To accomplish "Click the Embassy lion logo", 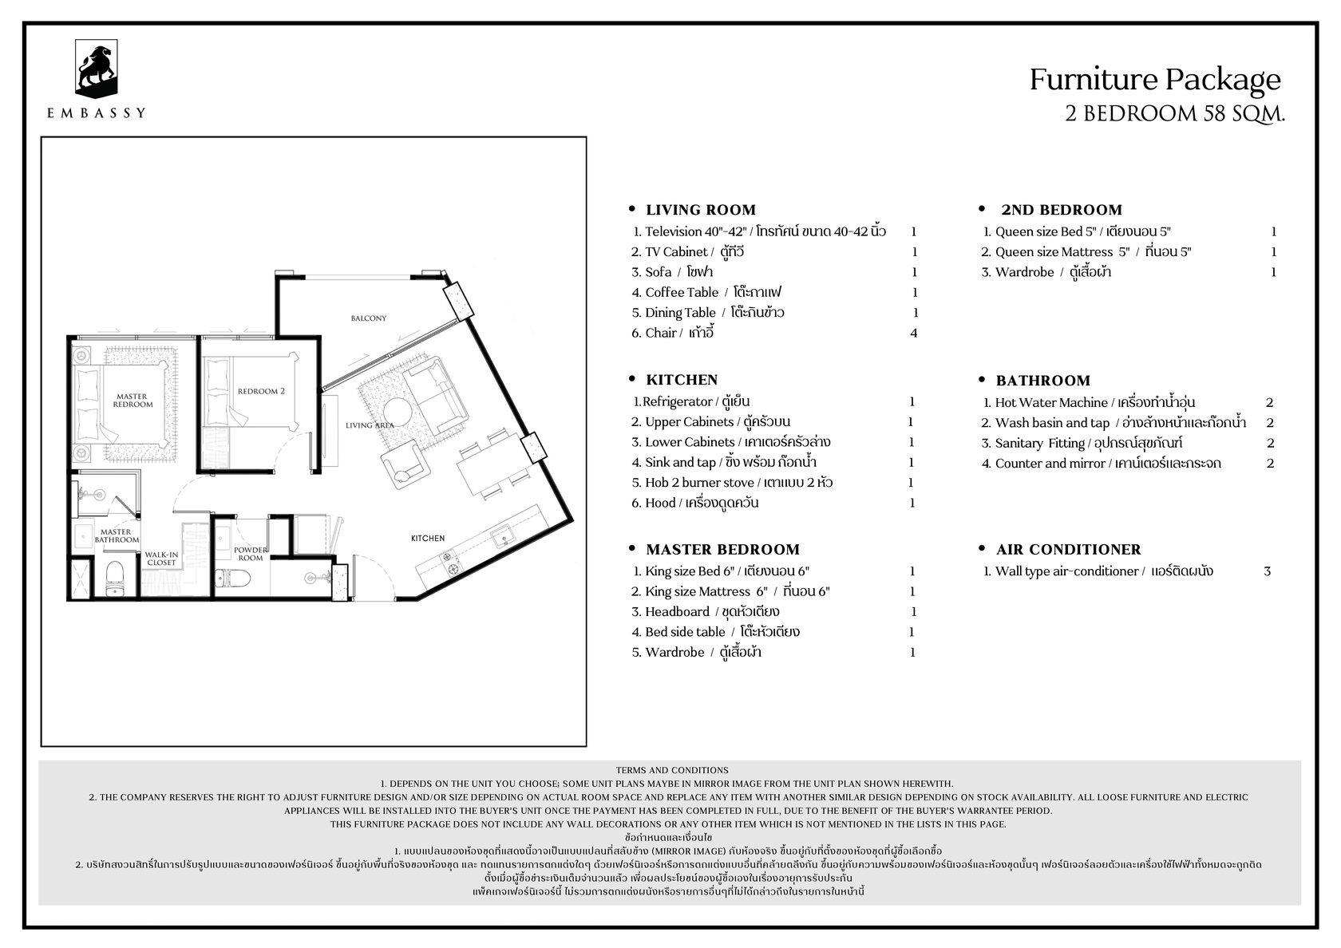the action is pos(96,69).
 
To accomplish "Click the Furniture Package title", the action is pos(1155,80).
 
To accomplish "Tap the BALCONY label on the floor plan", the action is pos(369,318).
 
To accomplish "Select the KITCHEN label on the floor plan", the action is pos(428,538).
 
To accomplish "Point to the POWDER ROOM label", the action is pos(251,554).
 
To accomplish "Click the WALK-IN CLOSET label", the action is pos(161,559).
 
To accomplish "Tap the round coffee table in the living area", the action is pos(397,413).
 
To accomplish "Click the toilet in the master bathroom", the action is pos(114,577).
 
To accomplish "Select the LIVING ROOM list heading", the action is pos(701,210).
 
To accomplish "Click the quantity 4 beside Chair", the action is pos(913,333).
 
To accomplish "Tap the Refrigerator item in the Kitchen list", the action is pos(691,401).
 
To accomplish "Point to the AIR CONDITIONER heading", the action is pos(1069,549).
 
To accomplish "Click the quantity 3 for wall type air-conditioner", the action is pos(1267,571).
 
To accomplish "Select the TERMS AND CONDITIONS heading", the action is pos(672,770).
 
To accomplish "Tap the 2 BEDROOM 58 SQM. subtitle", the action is pos(1175,113).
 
